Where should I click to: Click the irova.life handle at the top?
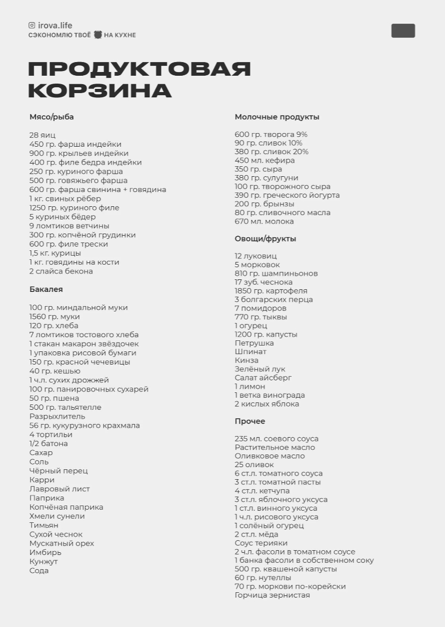[x=55, y=25]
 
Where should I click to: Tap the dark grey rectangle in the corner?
[x=403, y=31]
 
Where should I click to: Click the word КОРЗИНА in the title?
[x=100, y=90]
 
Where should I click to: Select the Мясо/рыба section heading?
[x=52, y=117]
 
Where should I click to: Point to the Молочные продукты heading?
[x=277, y=117]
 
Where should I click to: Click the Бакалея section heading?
[x=46, y=289]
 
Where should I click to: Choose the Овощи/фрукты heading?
[x=265, y=239]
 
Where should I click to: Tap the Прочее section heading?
[x=250, y=421]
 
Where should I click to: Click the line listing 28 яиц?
[x=42, y=135]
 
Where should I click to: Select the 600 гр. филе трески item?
[x=69, y=244]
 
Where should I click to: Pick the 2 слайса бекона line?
[x=61, y=271]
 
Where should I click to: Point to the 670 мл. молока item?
[x=264, y=221]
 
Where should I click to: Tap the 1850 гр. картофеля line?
[x=271, y=291]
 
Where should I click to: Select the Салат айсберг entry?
[x=263, y=378]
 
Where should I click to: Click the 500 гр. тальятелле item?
[x=65, y=408]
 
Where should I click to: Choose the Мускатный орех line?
[x=62, y=543]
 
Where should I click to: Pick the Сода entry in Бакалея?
[x=39, y=571]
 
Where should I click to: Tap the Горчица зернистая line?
[x=272, y=595]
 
